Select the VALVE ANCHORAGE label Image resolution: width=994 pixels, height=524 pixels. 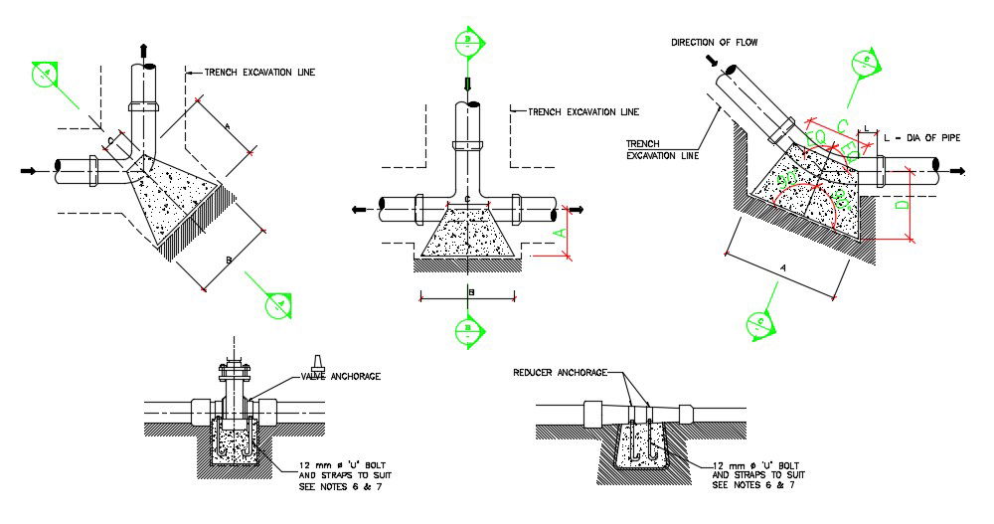click(x=341, y=376)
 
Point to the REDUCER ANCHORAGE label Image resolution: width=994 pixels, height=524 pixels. click(x=560, y=372)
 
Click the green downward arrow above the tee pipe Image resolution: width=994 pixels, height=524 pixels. click(x=467, y=83)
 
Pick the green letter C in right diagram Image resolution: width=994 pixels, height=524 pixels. click(x=841, y=124)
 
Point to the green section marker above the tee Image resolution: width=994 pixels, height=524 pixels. click(x=467, y=42)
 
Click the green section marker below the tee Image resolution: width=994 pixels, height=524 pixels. click(x=467, y=330)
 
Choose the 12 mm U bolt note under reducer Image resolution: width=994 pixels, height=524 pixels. click(x=752, y=474)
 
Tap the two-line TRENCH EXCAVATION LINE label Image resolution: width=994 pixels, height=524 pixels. click(x=662, y=148)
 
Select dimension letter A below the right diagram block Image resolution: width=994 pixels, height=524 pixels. click(x=784, y=268)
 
